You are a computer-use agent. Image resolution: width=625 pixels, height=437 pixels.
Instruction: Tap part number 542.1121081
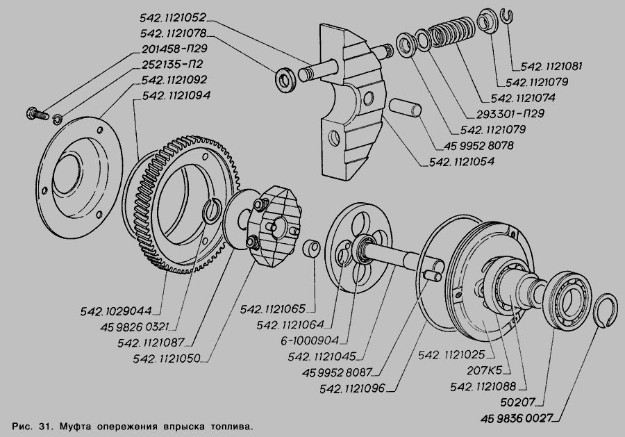[x=547, y=67]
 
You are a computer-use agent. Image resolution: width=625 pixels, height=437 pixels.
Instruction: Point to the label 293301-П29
[x=508, y=113]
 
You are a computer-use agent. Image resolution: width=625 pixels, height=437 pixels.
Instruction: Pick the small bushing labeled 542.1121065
[x=313, y=248]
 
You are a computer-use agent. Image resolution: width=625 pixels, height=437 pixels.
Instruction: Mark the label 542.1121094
[x=176, y=95]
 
